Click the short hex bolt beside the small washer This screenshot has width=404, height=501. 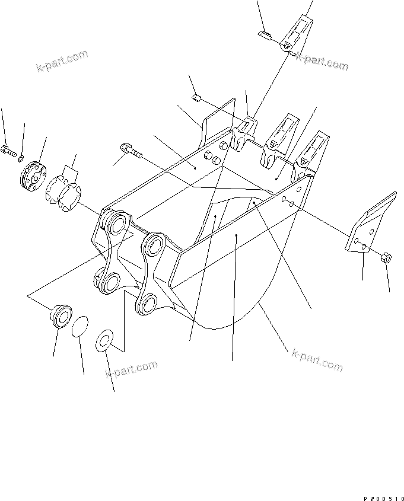(8, 152)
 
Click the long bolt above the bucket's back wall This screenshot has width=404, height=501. (130, 150)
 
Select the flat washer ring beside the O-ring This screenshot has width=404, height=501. (106, 340)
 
